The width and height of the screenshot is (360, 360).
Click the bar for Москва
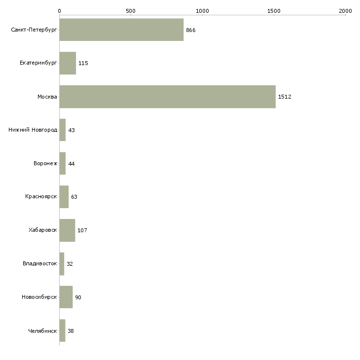168,97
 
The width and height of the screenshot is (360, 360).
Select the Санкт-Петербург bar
121,30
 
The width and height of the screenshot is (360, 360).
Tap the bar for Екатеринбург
68,63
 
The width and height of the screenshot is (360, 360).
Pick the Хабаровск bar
67,230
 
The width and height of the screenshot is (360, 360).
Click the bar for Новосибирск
66,297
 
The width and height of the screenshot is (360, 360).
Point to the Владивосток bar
62,264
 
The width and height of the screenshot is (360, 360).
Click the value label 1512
285,97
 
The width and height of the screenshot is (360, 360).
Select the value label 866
191,30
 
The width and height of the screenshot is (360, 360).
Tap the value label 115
83,63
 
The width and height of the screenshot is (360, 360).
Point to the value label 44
72,164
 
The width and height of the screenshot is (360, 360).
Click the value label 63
74,197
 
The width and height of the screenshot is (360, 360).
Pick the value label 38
71,331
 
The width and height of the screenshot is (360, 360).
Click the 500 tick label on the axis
131,11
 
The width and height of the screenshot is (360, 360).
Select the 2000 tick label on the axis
345,11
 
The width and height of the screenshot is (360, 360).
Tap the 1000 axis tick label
202,11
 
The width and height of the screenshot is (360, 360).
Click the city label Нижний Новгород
33,130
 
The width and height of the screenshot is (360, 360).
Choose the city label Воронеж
45,163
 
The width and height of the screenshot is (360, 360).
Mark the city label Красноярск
41,197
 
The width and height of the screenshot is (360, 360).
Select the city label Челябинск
42,331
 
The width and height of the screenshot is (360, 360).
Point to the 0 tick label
60,11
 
